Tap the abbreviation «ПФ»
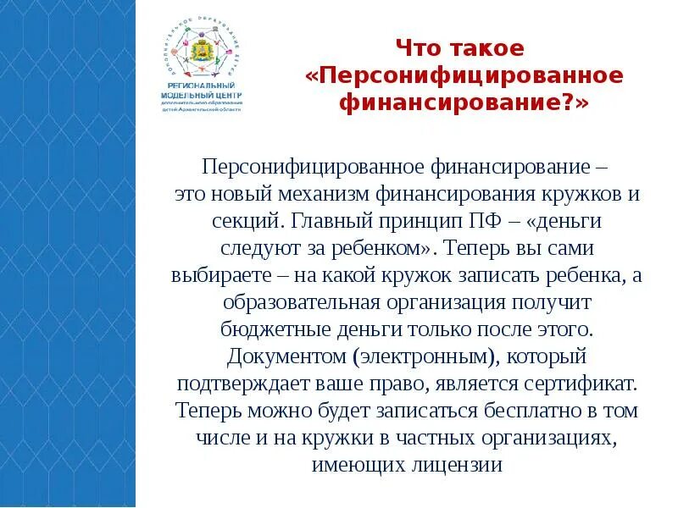click(490, 221)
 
